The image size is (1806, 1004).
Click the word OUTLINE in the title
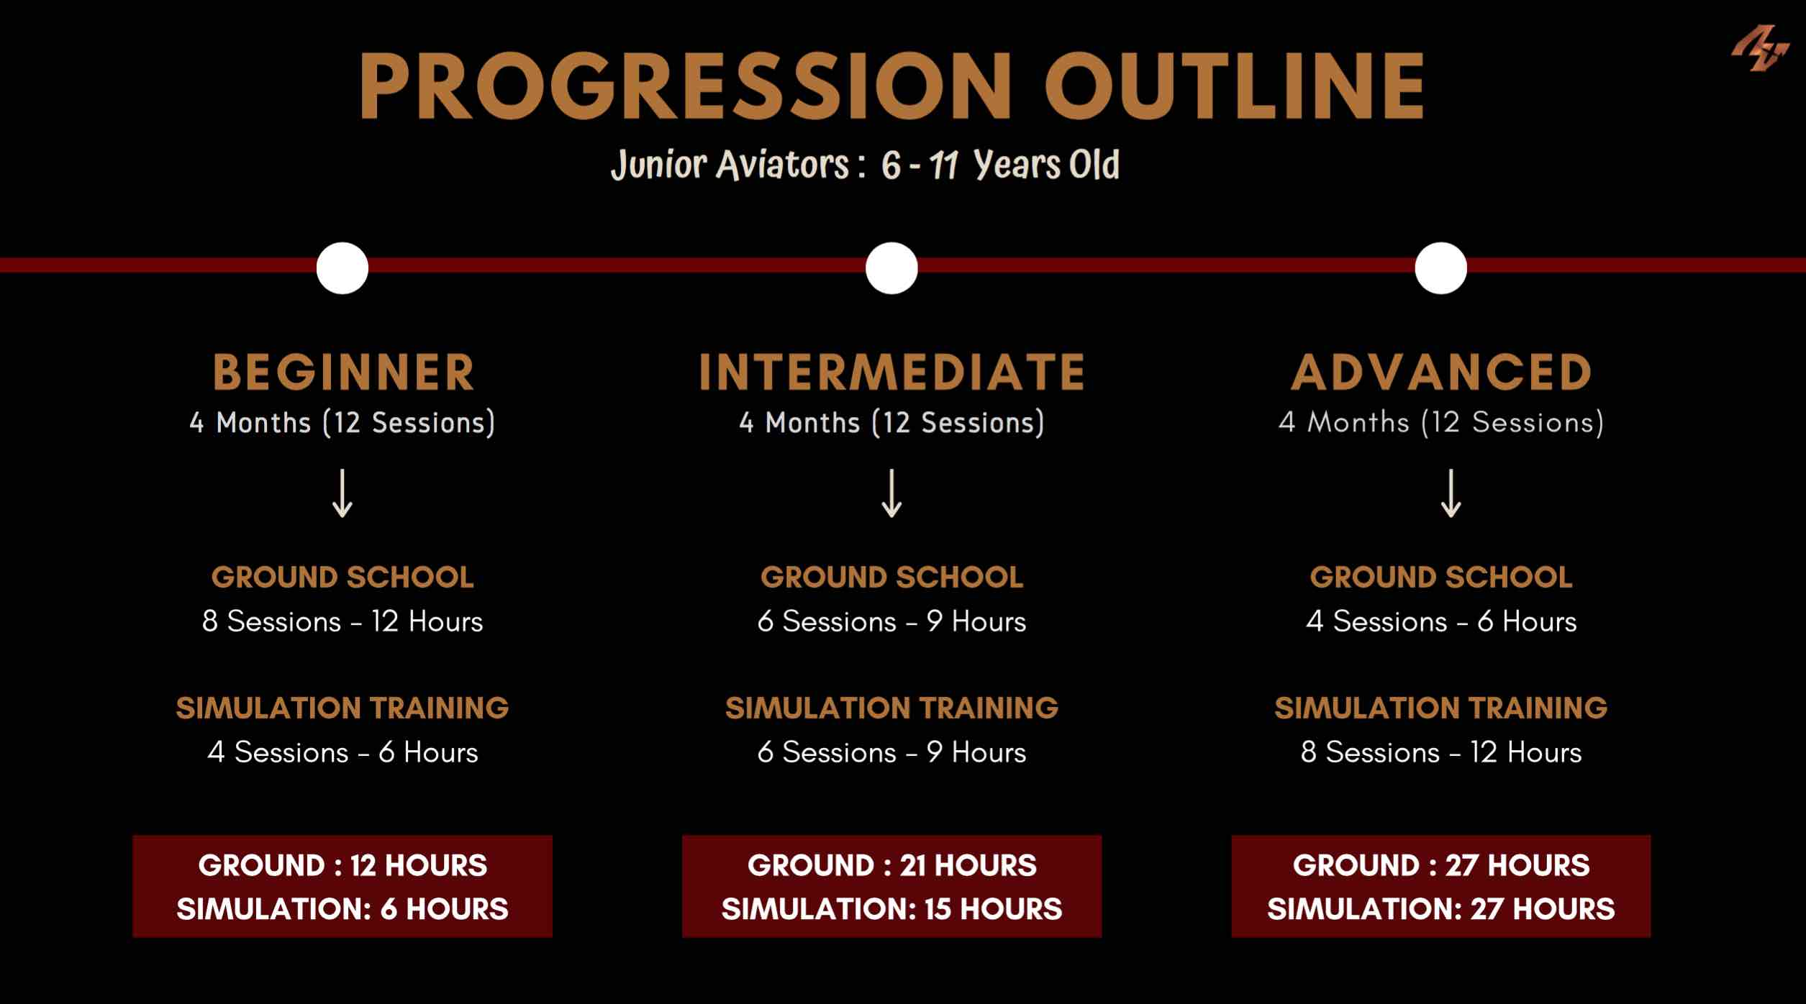pyautogui.click(x=1235, y=86)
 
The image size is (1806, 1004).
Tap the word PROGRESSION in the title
pyautogui.click(x=686, y=86)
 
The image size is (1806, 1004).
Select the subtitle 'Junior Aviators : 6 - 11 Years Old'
pyautogui.click(x=865, y=164)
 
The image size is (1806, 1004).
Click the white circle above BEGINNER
pyautogui.click(x=342, y=268)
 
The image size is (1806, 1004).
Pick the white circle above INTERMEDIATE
pyautogui.click(x=891, y=268)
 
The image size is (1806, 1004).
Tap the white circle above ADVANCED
pyautogui.click(x=1440, y=268)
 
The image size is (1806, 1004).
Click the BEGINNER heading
pyautogui.click(x=343, y=372)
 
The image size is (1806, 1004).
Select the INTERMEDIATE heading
pyautogui.click(x=891, y=372)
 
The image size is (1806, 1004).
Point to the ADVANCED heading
pyautogui.click(x=1441, y=372)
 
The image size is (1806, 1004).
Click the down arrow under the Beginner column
pyautogui.click(x=342, y=493)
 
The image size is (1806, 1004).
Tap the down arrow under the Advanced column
pyautogui.click(x=1451, y=493)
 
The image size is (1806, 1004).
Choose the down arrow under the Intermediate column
pyautogui.click(x=891, y=493)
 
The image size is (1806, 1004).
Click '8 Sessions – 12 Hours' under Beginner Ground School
pyautogui.click(x=342, y=621)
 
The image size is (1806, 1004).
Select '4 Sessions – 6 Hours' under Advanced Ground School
pyautogui.click(x=1441, y=621)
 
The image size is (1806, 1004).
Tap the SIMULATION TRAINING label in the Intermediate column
pyautogui.click(x=891, y=708)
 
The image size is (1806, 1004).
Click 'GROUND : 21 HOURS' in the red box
pyautogui.click(x=891, y=865)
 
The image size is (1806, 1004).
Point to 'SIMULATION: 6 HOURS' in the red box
pyautogui.click(x=342, y=909)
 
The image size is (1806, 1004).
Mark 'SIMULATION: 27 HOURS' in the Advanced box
pyautogui.click(x=1441, y=909)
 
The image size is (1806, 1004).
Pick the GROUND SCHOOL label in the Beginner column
pyautogui.click(x=342, y=578)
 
